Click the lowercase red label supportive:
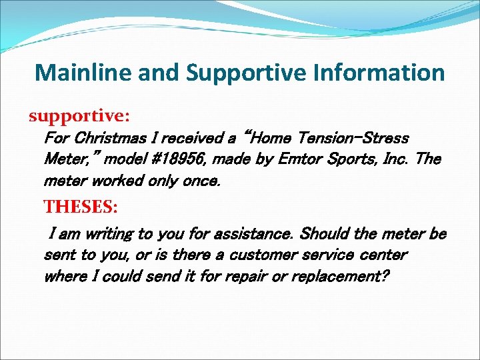pos(79,116)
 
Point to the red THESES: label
pos(80,207)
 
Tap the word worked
pos(121,181)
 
